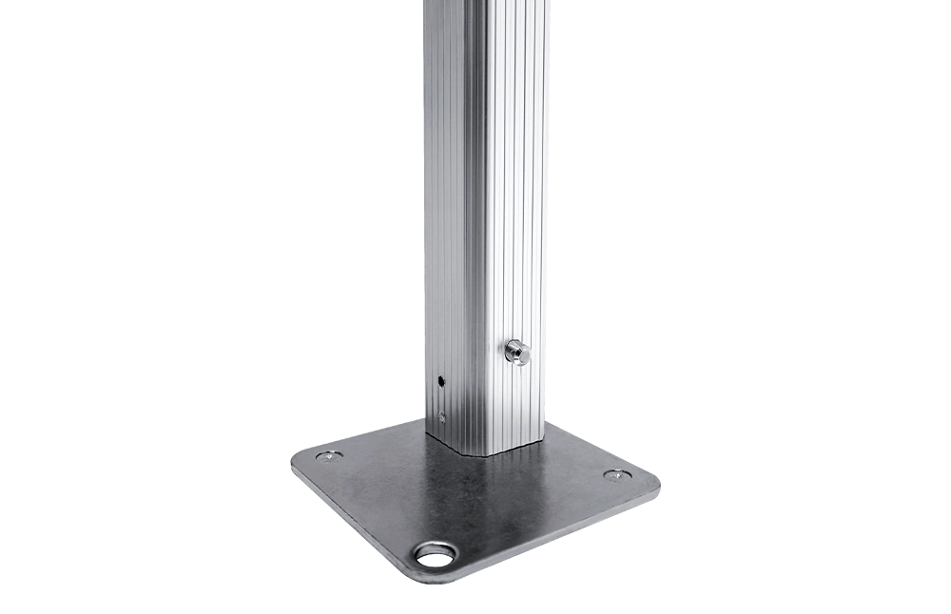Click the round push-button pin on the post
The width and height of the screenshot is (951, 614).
[516, 352]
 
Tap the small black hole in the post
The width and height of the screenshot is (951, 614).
[441, 381]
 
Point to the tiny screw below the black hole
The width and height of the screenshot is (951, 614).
[442, 414]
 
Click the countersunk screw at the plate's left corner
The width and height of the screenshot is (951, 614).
[328, 456]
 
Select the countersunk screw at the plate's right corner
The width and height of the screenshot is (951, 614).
[615, 474]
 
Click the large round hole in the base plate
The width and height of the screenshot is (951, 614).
[436, 553]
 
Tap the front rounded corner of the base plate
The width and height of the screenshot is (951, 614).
[418, 574]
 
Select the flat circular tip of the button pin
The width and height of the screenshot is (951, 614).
[521, 354]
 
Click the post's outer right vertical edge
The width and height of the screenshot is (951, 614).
[545, 190]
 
